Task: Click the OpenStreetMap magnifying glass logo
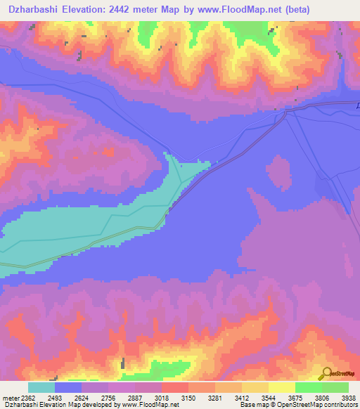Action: (x=326, y=372)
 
